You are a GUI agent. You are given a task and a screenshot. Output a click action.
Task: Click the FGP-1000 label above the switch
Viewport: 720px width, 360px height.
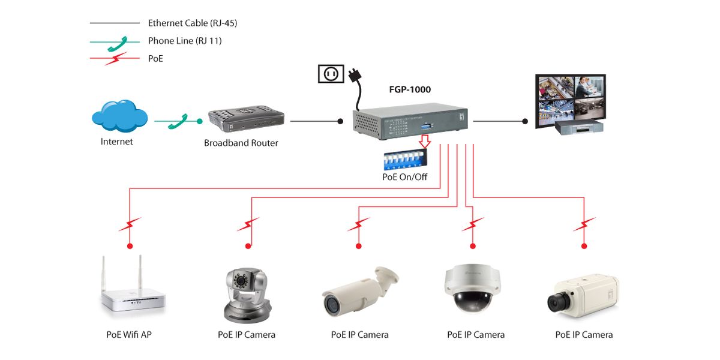coord(410,90)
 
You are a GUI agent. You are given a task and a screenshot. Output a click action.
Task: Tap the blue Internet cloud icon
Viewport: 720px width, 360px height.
coord(120,116)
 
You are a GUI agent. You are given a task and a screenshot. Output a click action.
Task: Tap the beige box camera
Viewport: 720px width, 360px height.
coord(582,296)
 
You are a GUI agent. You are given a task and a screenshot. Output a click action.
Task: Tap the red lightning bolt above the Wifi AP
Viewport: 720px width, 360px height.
coord(130,224)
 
